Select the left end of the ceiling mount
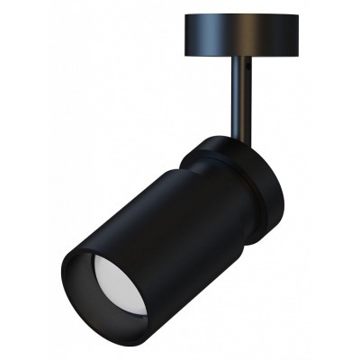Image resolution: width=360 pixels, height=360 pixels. click(186, 31)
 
